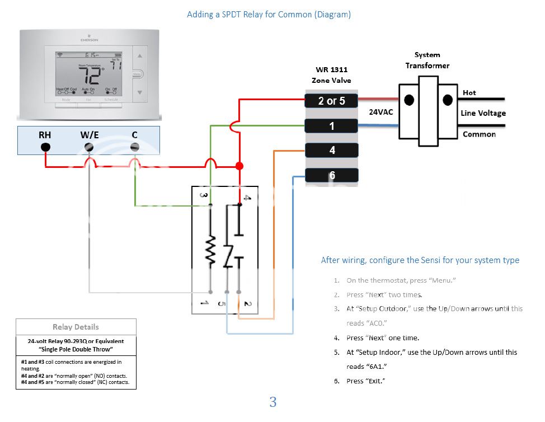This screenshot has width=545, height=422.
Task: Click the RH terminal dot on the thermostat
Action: (x=46, y=147)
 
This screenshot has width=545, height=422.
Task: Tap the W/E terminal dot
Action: (x=88, y=147)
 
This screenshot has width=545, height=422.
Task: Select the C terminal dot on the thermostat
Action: (x=134, y=147)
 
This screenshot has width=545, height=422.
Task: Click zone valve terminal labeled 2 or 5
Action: (x=332, y=101)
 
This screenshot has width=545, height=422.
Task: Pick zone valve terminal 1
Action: (x=332, y=126)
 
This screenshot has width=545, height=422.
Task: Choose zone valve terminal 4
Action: (x=332, y=150)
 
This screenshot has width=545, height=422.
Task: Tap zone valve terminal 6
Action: (x=332, y=175)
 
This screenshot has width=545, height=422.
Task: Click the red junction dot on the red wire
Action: (x=239, y=166)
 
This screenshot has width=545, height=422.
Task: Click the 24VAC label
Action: (x=380, y=112)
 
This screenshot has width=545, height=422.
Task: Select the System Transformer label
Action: (x=427, y=60)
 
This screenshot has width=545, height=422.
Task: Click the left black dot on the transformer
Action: (x=410, y=100)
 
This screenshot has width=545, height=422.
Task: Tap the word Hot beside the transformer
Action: (x=469, y=93)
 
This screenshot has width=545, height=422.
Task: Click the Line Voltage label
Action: (x=483, y=113)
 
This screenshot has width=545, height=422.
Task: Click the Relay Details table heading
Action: (x=76, y=327)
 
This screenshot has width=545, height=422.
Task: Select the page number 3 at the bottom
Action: (x=272, y=402)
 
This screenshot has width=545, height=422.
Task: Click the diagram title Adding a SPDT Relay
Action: (x=269, y=15)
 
